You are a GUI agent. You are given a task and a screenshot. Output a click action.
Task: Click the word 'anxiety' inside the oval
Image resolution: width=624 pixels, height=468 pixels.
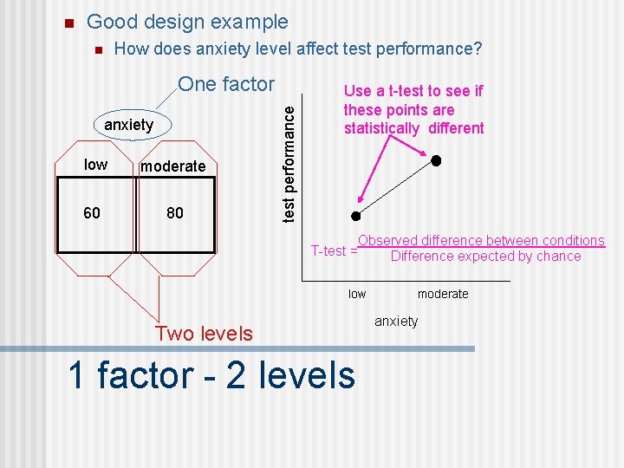click(128, 125)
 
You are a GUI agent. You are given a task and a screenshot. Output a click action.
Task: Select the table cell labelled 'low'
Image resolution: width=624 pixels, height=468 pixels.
click(95, 165)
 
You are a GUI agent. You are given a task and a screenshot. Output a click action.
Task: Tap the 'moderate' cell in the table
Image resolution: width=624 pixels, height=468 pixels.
click(173, 166)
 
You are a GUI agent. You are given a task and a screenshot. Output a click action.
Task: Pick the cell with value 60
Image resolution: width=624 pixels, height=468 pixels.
click(92, 212)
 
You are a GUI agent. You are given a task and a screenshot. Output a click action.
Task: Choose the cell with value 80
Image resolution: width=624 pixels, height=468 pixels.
click(174, 212)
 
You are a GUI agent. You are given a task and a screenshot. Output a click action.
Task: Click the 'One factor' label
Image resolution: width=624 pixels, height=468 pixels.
click(225, 84)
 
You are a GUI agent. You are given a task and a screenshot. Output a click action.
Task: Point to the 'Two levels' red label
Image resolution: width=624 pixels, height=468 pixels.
click(204, 334)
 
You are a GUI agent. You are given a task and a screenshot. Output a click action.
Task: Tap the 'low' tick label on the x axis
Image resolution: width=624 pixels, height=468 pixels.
click(357, 294)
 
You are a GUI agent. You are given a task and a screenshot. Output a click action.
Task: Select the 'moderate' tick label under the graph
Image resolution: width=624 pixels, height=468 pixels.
click(442, 294)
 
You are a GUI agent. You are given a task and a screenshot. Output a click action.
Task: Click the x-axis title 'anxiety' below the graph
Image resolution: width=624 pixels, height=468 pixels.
click(396, 322)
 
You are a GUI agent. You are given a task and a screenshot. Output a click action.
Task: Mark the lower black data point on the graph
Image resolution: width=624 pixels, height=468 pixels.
click(355, 216)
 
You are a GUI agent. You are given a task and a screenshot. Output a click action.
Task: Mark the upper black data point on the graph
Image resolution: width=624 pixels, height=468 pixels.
click(437, 161)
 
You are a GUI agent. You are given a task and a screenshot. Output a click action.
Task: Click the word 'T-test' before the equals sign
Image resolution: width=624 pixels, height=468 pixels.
click(329, 251)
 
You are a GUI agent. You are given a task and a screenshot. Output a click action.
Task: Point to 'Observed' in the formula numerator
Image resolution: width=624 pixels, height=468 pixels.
click(388, 241)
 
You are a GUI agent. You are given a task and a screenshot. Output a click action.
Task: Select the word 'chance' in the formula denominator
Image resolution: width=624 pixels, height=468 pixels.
click(558, 257)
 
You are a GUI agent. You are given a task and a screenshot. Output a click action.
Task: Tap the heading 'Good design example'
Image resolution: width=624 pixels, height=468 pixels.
click(187, 22)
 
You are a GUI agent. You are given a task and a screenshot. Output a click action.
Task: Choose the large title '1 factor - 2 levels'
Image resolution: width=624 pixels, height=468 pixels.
click(211, 375)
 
